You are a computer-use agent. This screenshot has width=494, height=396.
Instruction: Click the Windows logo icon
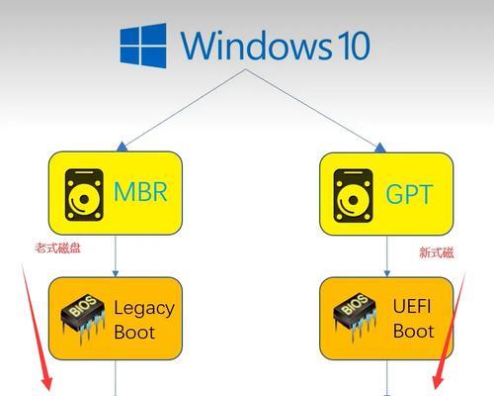point(143,46)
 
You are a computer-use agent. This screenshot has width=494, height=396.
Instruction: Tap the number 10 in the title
point(354,46)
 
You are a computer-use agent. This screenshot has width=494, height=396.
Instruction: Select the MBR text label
point(140,192)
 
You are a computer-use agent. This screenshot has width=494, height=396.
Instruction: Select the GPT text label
point(409,194)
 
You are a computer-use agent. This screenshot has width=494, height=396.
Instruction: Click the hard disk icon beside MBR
point(84,195)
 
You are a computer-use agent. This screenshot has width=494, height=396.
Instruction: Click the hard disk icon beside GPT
point(354,196)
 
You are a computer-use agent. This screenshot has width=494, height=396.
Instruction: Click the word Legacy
point(144,309)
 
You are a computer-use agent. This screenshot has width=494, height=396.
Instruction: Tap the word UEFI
point(412,306)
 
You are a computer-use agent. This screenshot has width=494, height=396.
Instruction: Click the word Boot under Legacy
point(134,332)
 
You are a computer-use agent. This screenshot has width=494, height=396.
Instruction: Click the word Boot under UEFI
point(413,331)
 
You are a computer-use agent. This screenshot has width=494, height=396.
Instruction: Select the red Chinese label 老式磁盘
point(58,248)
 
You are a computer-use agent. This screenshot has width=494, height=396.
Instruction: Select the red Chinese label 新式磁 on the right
point(437,252)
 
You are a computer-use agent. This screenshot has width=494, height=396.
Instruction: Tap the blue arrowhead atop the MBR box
point(122,147)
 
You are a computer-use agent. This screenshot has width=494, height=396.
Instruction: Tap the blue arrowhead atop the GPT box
point(380,148)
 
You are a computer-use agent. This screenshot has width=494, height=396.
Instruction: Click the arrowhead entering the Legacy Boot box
point(116,273)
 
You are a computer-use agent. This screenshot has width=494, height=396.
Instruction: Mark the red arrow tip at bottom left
point(48,389)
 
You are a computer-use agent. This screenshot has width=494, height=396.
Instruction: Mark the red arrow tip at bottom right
point(437,389)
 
